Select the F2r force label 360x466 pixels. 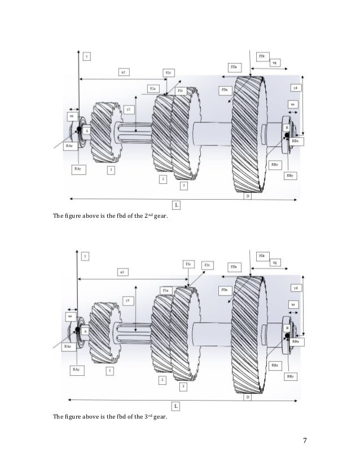pyautogui.click(x=169, y=73)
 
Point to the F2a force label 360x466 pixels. pyautogui.click(x=152, y=89)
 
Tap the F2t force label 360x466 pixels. pyautogui.click(x=180, y=90)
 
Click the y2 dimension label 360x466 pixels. pyautogui.click(x=129, y=109)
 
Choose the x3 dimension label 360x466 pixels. pyautogui.click(x=121, y=272)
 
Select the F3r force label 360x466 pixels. pyautogui.click(x=188, y=263)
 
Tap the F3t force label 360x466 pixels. pyautogui.click(x=207, y=265)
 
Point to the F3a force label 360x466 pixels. pyautogui.click(x=165, y=289)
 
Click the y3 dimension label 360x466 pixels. pyautogui.click(x=129, y=301)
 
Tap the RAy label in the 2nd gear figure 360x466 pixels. pyautogui.click(x=77, y=168)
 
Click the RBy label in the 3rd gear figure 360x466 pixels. pyautogui.click(x=289, y=376)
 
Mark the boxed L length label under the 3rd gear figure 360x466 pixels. pyautogui.click(x=176, y=406)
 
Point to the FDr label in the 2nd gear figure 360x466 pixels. pyautogui.click(x=262, y=57)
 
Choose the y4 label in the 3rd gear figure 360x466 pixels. pyautogui.click(x=295, y=288)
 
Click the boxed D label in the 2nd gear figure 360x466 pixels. pyautogui.click(x=247, y=196)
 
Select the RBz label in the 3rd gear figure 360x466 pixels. pyautogui.click(x=274, y=365)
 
